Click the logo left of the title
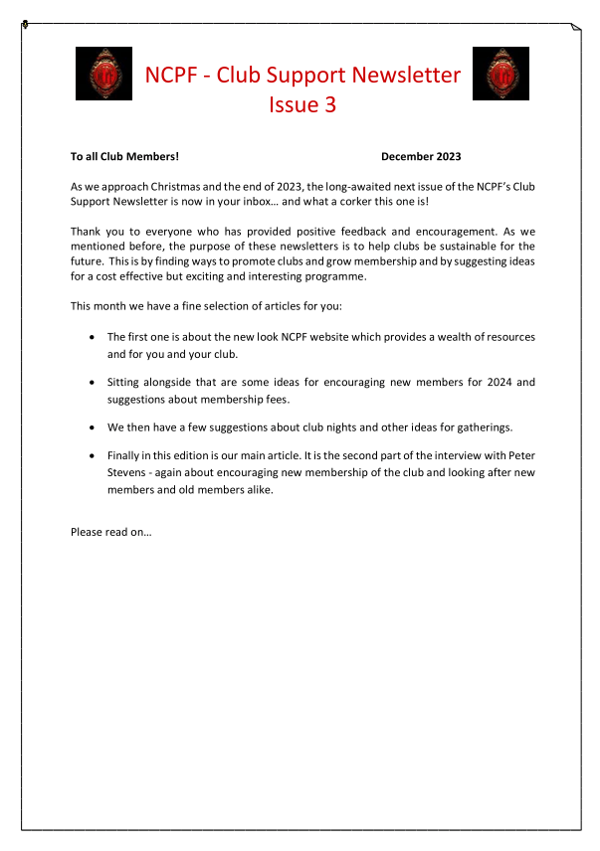104,74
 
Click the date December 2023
421,156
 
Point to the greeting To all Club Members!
124,156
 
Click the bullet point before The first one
93,337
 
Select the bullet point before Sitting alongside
93,382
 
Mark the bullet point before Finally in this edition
93,457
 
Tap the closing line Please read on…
110,532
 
